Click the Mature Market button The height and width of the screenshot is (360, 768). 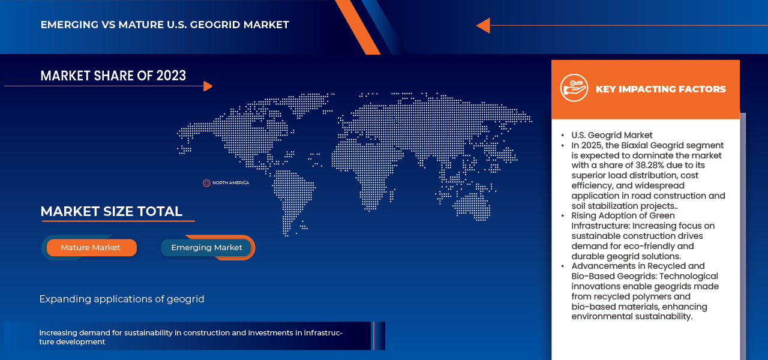pos(91,247)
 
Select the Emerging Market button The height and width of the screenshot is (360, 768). pos(206,247)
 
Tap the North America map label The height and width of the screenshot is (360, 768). pos(230,182)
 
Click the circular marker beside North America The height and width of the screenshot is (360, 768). pos(206,182)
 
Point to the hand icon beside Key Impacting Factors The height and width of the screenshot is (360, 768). pos(574,88)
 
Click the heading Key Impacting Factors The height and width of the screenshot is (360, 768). pos(660,89)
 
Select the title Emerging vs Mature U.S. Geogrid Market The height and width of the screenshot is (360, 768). pos(164,25)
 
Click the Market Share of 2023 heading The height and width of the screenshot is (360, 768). pos(113,75)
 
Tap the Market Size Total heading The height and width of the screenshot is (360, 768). pos(111,211)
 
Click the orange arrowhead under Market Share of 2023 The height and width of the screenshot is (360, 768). pos(208,86)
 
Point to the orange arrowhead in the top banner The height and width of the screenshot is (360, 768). pos(483,25)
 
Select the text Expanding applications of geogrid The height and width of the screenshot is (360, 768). pos(122,299)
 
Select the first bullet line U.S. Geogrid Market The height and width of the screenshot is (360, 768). pos(611,135)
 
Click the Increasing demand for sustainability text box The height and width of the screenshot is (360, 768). pos(191,337)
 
